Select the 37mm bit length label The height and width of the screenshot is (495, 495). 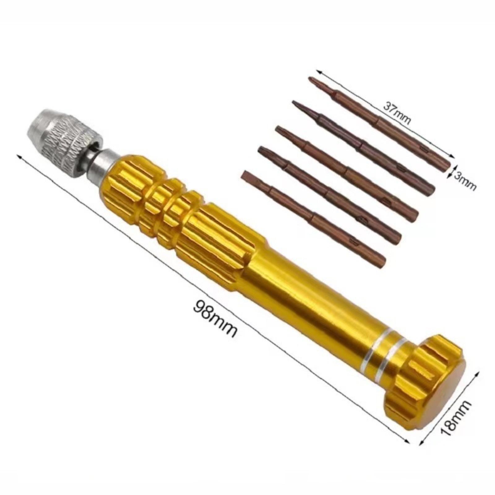[x=397, y=113]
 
